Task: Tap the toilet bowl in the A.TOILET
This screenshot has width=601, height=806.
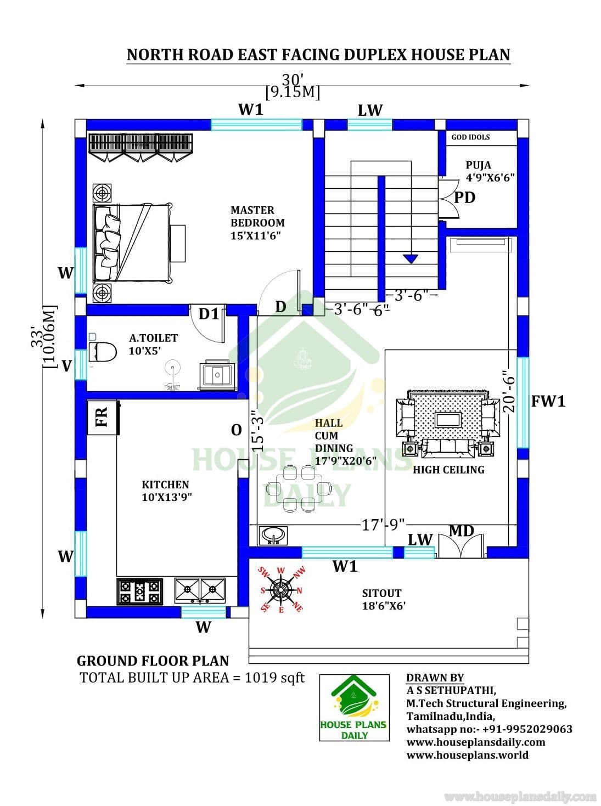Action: tap(103, 351)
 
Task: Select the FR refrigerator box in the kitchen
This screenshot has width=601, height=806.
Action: tap(102, 418)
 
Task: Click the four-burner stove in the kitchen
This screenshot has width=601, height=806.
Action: tap(139, 591)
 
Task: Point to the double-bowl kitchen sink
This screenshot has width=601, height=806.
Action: tap(200, 590)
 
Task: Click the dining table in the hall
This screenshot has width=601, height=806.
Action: tap(299, 488)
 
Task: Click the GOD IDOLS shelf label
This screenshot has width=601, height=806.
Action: tap(470, 137)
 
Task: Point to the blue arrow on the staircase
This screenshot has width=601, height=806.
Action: tap(411, 258)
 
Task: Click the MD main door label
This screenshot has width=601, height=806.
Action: tap(462, 531)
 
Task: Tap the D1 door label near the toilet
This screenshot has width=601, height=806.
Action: tap(209, 314)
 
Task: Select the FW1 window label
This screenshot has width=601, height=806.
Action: tap(548, 401)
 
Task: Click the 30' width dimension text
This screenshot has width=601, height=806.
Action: tap(293, 80)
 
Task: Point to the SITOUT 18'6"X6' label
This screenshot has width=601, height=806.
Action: tap(384, 599)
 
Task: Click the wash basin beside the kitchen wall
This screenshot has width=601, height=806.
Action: tap(273, 536)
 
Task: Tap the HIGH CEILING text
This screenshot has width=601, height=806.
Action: tap(448, 470)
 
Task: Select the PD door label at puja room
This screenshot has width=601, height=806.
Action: tap(465, 198)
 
